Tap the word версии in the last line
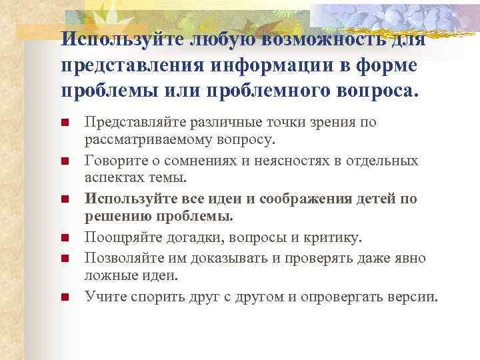(414, 296)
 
